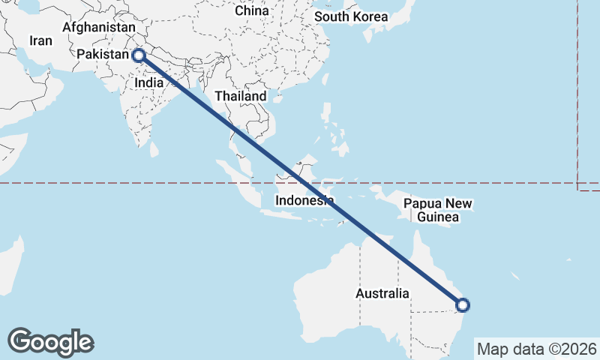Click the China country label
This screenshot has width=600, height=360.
[251, 10]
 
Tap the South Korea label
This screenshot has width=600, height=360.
[351, 16]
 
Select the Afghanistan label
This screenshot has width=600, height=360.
[99, 27]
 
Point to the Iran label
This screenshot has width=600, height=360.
[40, 40]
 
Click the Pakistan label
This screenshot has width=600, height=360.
[103, 55]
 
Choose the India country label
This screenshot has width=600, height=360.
[149, 84]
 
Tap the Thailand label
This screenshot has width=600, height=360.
[240, 97]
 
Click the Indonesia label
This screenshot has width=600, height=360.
[304, 201]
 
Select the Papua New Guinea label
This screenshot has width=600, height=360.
[438, 211]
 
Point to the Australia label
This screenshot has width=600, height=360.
[382, 293]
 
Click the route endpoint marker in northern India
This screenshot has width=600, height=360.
[138, 55]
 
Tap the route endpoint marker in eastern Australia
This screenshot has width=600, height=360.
[463, 304]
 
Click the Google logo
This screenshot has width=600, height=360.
[51, 342]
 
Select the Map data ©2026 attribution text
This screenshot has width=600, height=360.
[537, 349]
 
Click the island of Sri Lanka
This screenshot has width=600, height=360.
[154, 148]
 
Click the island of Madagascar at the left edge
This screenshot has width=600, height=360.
[11, 259]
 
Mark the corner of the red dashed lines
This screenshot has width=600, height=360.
[578, 183]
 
